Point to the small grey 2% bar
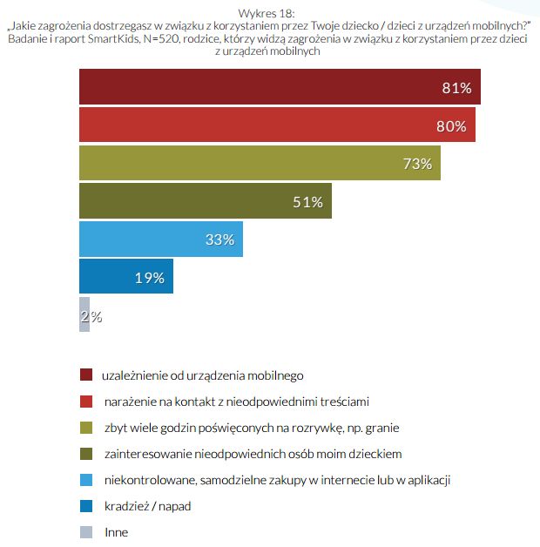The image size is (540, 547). point(84,316)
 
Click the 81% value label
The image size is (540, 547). point(456,88)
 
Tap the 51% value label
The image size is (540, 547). point(307,202)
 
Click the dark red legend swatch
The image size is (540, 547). point(85,375)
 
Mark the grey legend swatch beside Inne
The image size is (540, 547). point(85,532)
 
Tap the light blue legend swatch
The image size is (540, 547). point(85,480)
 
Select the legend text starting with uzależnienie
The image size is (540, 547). point(202,375)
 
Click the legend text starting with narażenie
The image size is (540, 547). point(236,402)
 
